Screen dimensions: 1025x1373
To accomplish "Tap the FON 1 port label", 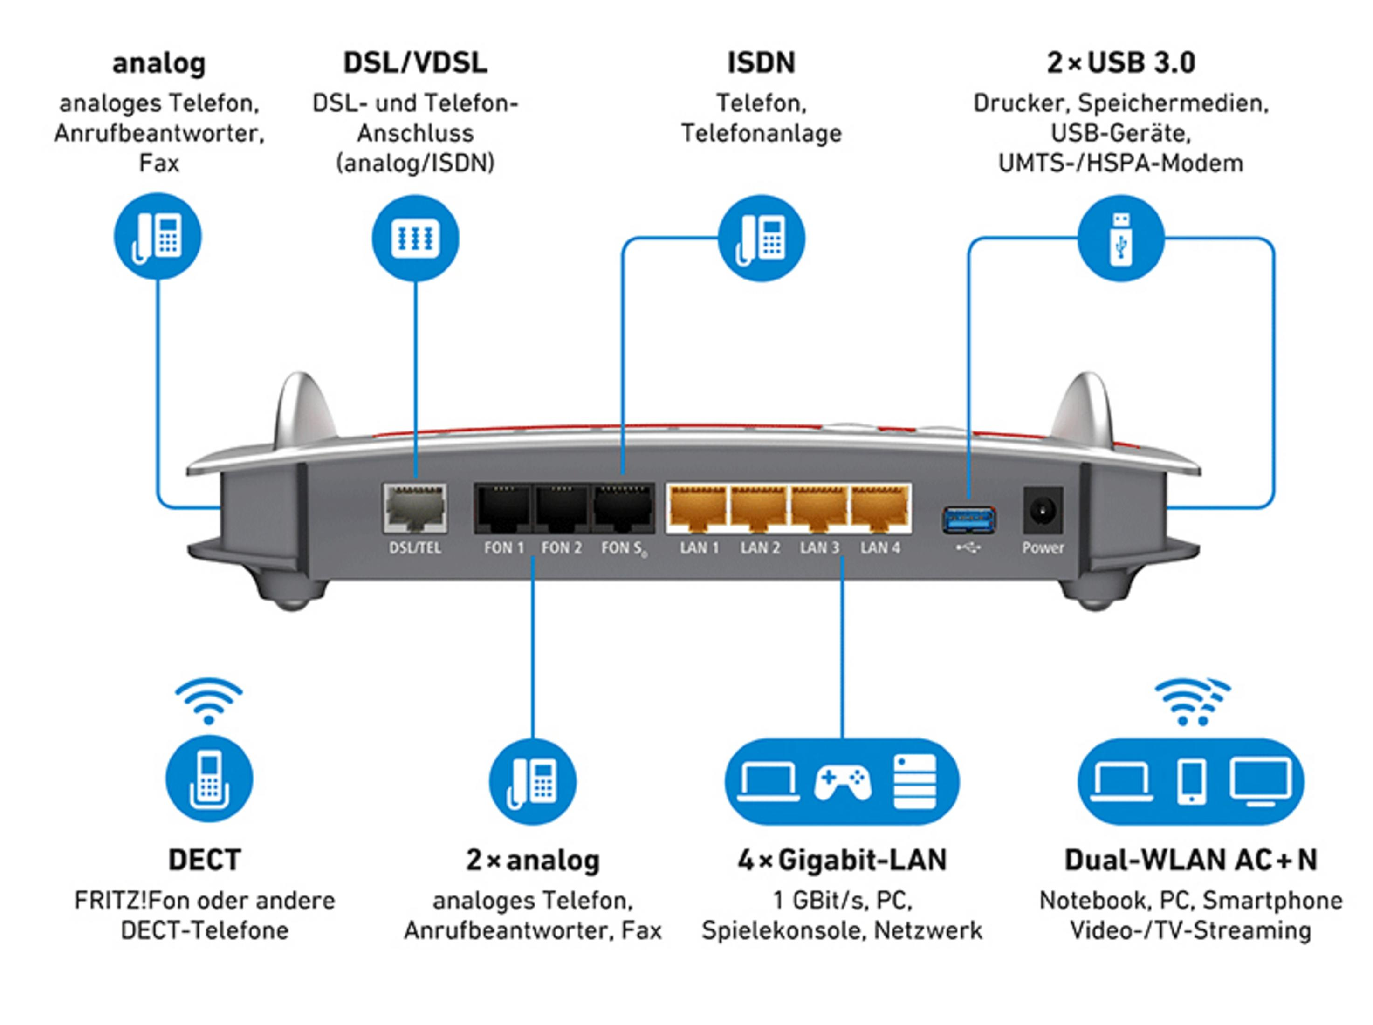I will pyautogui.click(x=503, y=548).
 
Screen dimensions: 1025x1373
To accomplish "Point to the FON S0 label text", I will pyautogui.click(x=623, y=548).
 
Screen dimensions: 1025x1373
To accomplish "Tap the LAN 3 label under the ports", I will pyautogui.click(x=819, y=548).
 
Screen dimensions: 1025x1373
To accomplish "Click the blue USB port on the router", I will pyautogui.click(x=968, y=520).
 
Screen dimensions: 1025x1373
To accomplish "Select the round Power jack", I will pyautogui.click(x=1042, y=511).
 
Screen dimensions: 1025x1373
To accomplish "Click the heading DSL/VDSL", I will pyautogui.click(x=415, y=63).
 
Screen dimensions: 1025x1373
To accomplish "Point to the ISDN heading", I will pyautogui.click(x=761, y=63).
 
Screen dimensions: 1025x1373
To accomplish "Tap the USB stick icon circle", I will pyautogui.click(x=1120, y=238).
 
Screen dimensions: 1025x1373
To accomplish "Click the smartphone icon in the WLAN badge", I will pyautogui.click(x=1191, y=782).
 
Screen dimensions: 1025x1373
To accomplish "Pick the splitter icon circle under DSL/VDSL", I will pyautogui.click(x=415, y=238).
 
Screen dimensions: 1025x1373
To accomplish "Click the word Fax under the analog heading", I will pyautogui.click(x=159, y=163).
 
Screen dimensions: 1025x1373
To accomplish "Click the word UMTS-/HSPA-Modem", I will pyautogui.click(x=1120, y=163).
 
